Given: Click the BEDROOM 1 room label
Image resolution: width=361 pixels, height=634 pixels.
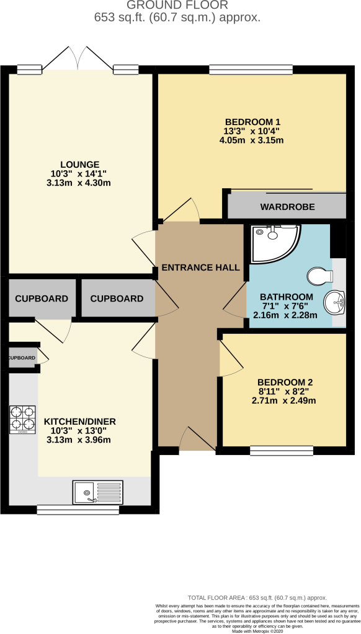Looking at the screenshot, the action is coord(253,122).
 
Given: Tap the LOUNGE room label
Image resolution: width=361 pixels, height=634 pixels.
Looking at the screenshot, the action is coord(80,165).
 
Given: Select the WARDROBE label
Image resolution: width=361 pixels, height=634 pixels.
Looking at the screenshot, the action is coord(287,207).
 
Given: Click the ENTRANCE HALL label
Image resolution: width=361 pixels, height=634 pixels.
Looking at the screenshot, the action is coord(200,267).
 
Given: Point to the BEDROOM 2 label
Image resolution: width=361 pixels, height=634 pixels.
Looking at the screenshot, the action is coord(285,382).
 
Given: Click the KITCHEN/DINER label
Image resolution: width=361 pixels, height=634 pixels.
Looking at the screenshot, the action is coord(80,421).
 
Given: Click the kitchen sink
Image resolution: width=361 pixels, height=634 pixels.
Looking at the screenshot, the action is coord(97,492).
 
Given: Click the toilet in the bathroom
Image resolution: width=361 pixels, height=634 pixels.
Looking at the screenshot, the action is coord(320,277).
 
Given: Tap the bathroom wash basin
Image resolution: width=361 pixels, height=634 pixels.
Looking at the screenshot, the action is coord(334,302).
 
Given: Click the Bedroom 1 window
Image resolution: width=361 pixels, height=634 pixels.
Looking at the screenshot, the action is coord(251,69).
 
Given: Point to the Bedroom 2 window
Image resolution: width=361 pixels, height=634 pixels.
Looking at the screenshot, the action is coord(282,451).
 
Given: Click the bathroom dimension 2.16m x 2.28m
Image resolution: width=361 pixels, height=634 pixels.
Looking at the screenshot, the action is coord(285,315).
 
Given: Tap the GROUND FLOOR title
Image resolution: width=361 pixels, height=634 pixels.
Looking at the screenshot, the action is coord(177,5).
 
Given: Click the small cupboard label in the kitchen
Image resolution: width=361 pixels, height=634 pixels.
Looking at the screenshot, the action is coord(22,358).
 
